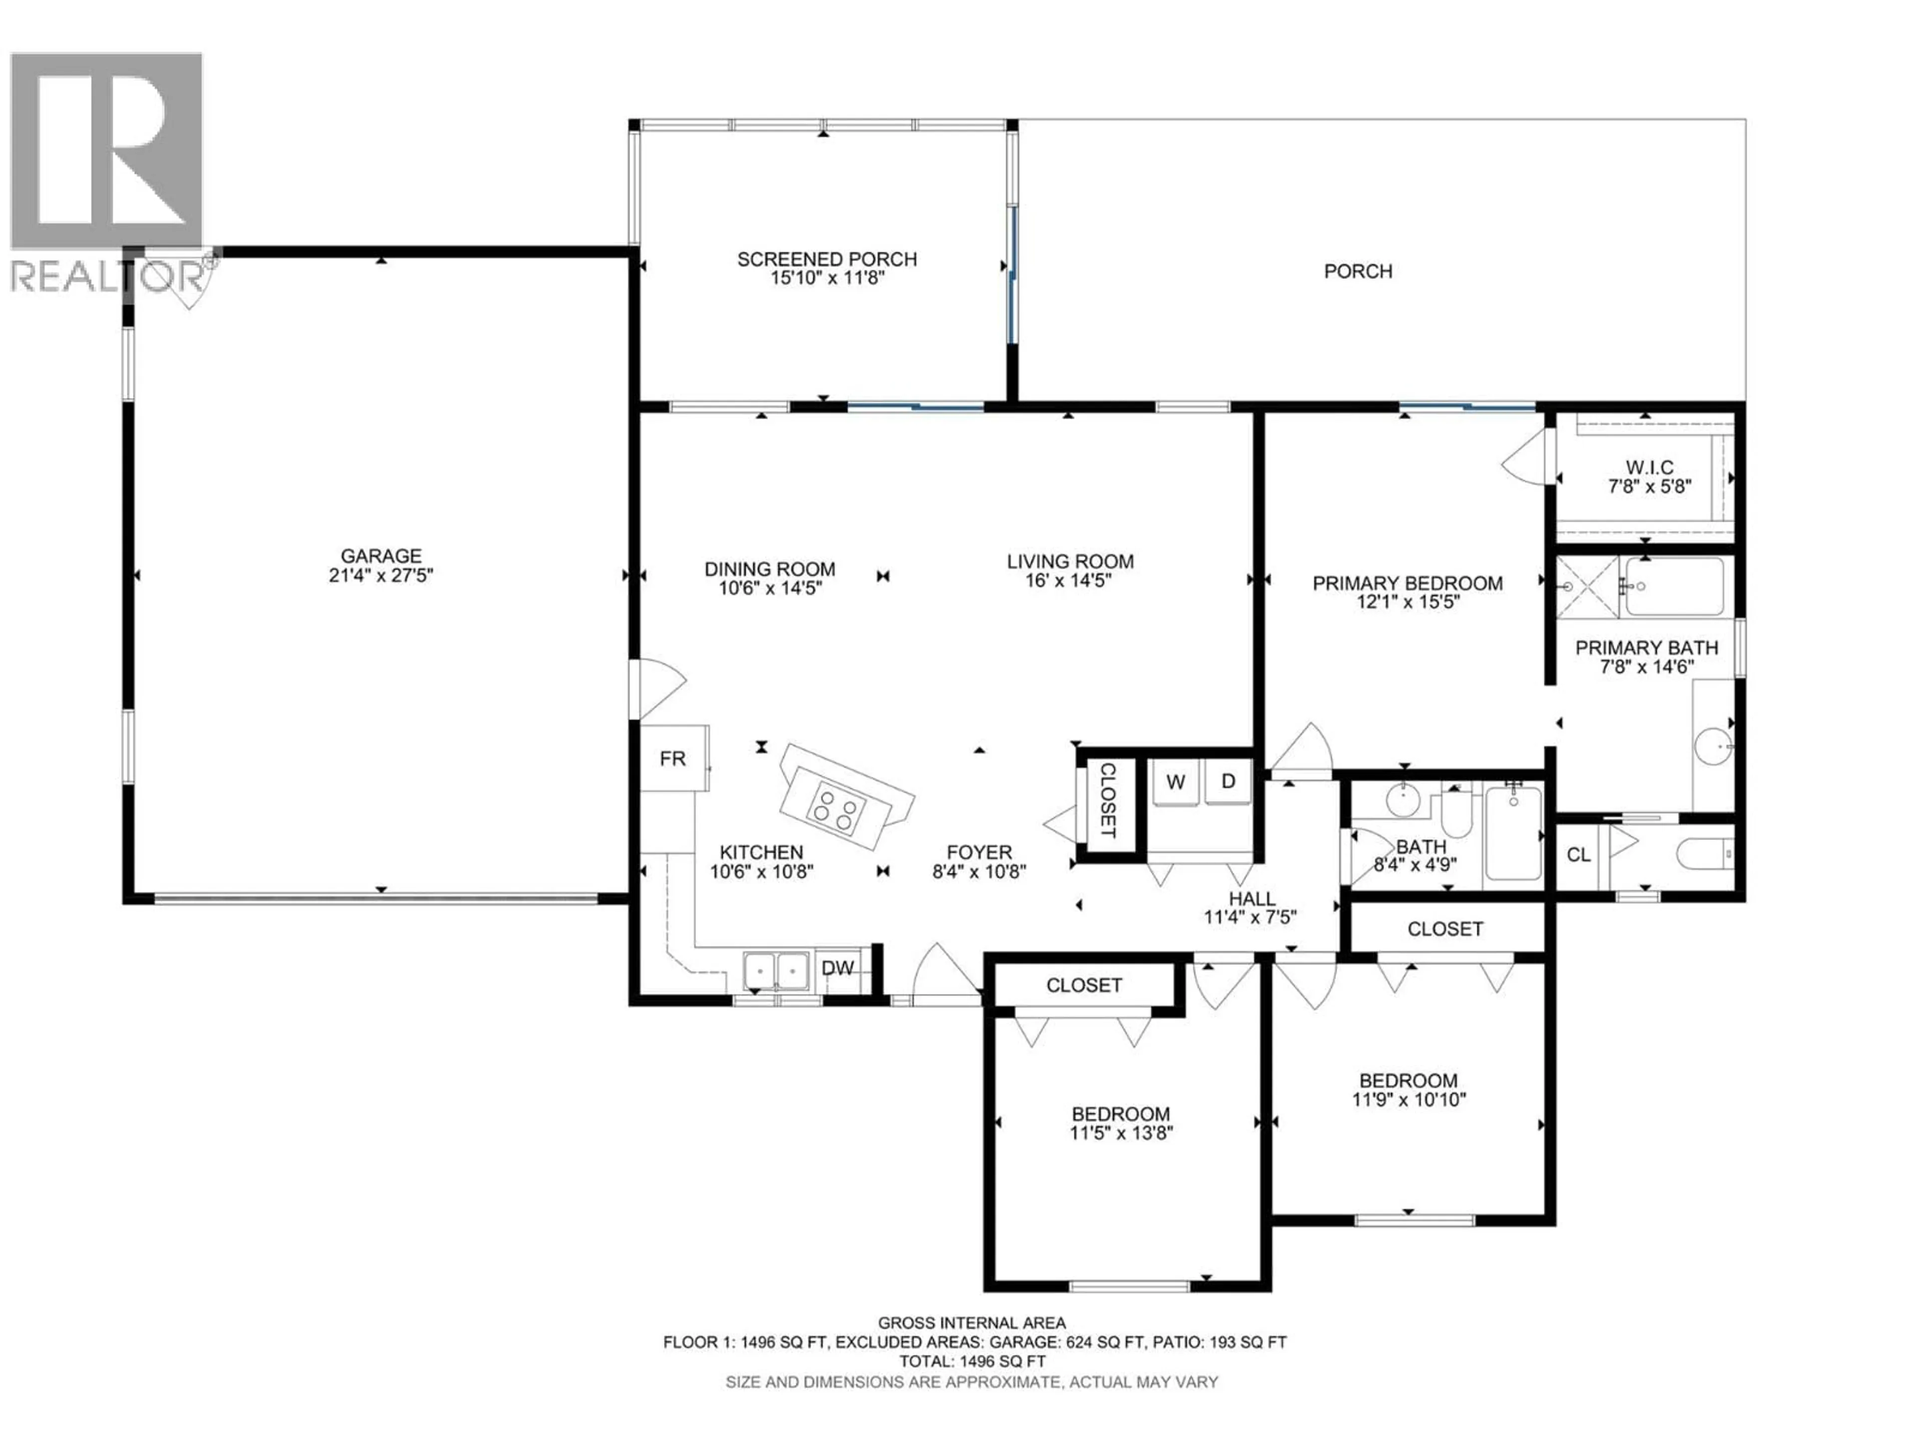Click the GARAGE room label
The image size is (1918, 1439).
381,555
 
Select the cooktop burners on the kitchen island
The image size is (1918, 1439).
836,810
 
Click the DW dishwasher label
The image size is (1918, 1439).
838,968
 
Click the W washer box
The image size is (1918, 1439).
1175,781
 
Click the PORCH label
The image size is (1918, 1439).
1358,271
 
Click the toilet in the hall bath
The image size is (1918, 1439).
1453,813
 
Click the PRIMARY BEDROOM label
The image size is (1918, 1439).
1408,583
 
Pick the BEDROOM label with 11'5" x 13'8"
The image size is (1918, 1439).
1120,1114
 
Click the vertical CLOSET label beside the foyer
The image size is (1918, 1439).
1107,800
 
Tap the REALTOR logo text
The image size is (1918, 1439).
108,277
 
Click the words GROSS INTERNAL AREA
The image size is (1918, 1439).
972,1323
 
